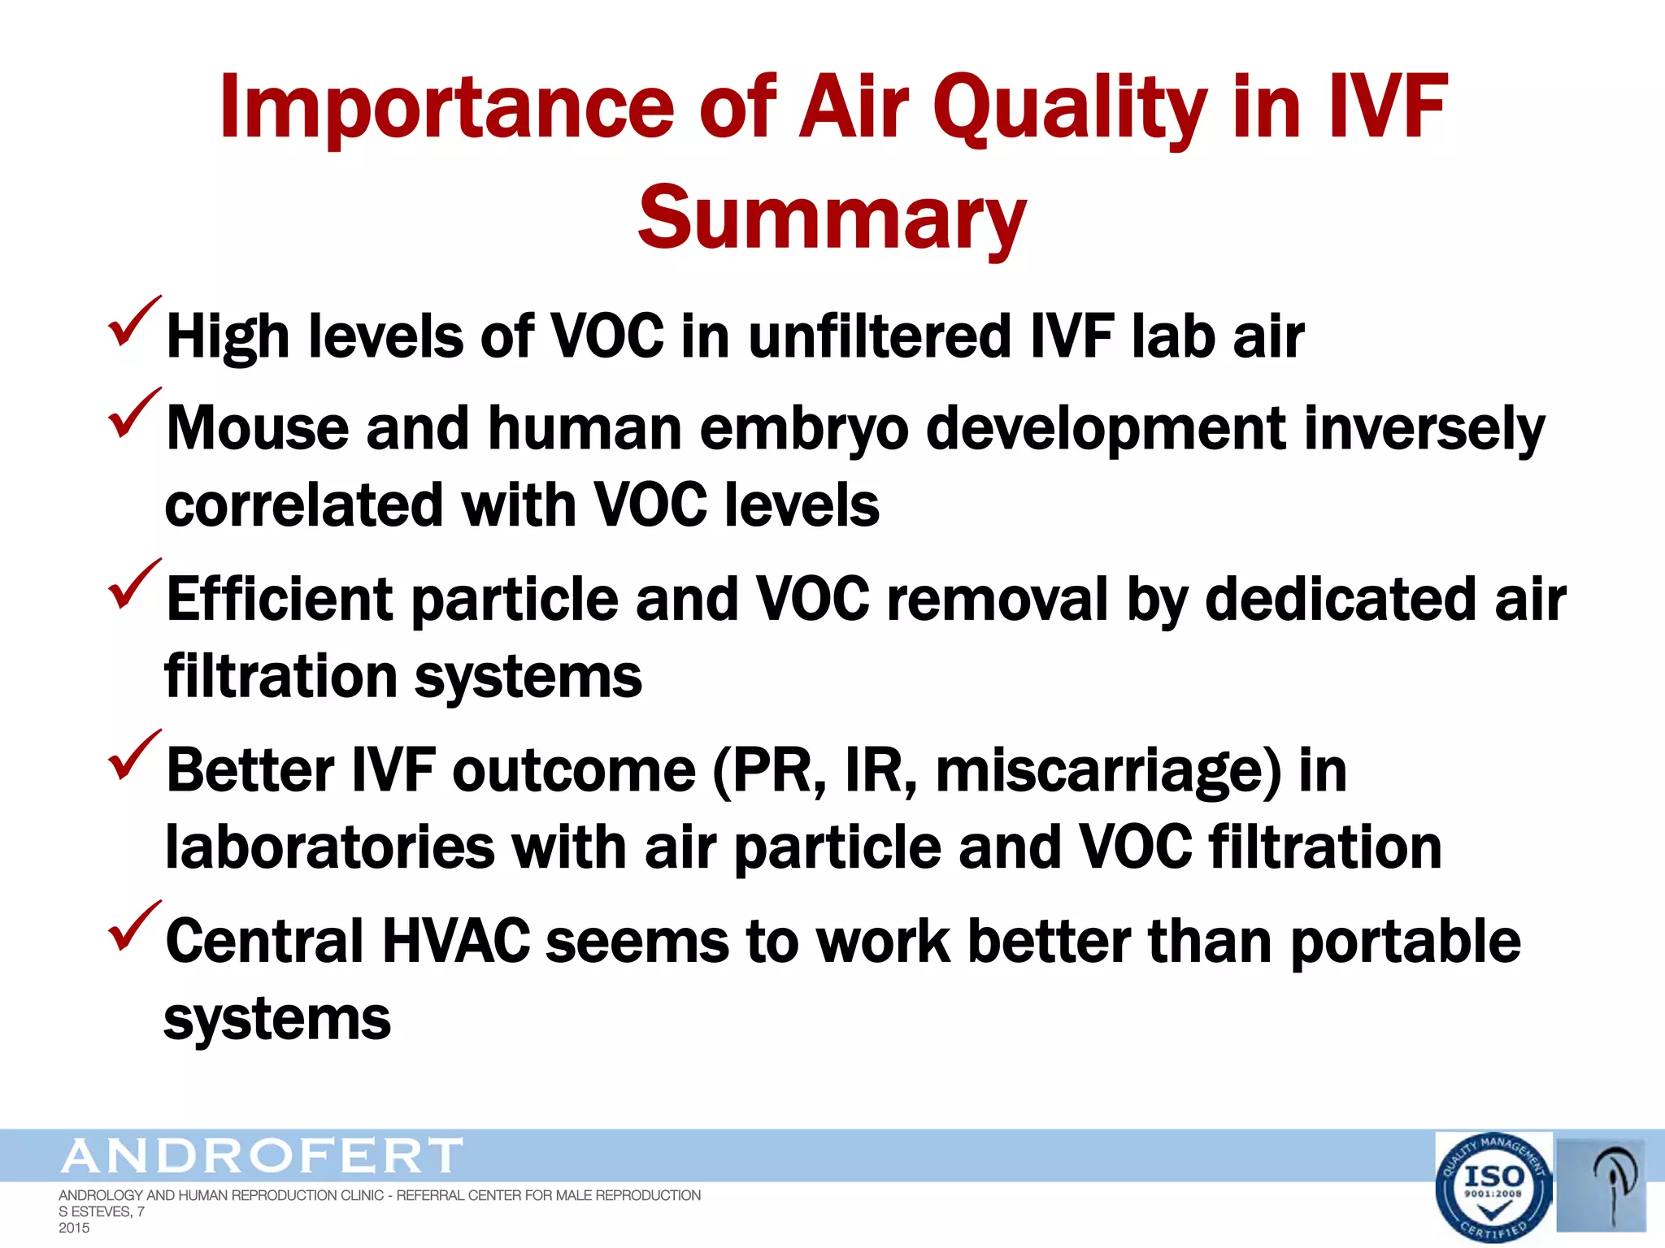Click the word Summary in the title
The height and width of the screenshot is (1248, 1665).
832,218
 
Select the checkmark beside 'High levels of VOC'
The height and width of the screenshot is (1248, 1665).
133,323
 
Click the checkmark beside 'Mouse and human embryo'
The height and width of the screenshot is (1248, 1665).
133,414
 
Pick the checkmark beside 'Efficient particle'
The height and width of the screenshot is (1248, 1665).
133,585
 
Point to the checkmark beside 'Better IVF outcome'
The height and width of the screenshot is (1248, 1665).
133,756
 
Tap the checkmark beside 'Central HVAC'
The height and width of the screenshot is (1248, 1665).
133,927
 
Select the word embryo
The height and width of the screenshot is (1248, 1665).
803,428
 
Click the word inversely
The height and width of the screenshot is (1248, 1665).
1423,428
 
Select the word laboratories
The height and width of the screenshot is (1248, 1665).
329,847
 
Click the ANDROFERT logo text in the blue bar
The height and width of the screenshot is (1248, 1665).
262,1155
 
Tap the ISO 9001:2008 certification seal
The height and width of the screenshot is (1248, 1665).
1493,1187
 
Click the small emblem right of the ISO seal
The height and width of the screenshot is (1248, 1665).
1601,1185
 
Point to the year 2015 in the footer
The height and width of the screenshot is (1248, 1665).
74,1228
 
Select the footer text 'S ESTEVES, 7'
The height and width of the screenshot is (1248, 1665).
101,1211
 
